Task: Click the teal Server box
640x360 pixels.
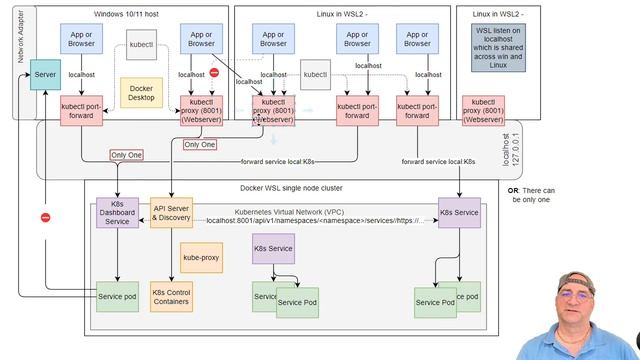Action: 45,76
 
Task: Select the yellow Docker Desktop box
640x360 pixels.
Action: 142,93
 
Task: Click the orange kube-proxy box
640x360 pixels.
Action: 200,256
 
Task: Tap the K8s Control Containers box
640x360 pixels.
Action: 171,298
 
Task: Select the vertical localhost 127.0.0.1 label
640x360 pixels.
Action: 512,138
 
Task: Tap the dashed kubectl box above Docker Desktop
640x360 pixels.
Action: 142,45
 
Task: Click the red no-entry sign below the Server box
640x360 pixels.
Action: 45,218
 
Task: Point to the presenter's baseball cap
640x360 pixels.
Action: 583,280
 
